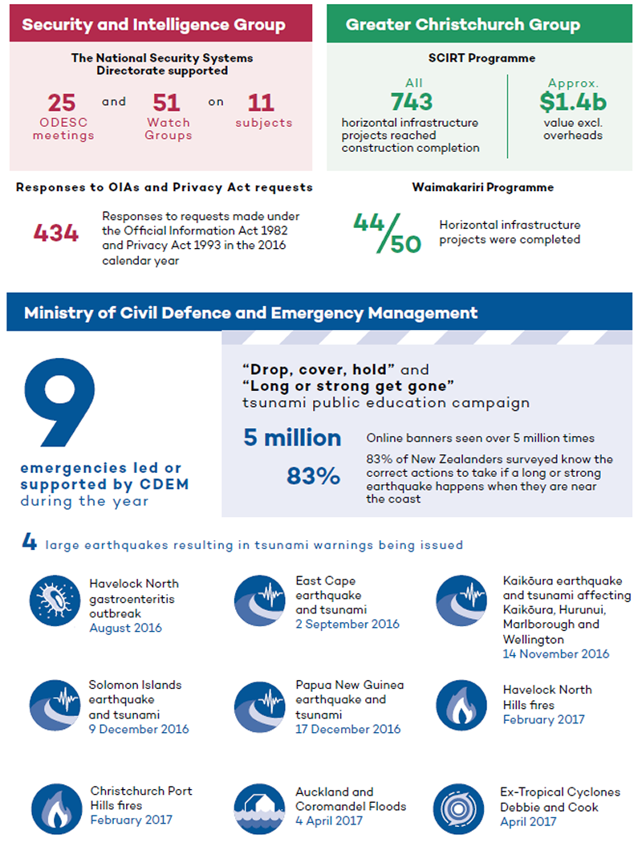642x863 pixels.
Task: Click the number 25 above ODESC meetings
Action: click(x=62, y=103)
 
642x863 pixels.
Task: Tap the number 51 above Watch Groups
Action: click(x=167, y=103)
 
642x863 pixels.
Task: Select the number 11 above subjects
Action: click(x=261, y=103)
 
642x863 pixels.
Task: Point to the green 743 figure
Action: click(x=412, y=102)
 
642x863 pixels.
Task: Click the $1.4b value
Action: click(x=573, y=102)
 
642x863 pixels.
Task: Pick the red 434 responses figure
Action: click(x=56, y=233)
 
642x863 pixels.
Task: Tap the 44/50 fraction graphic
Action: click(x=388, y=233)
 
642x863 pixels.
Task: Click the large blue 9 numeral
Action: click(x=60, y=401)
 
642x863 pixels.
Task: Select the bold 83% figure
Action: click(x=313, y=476)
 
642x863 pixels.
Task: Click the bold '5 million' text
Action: click(x=293, y=438)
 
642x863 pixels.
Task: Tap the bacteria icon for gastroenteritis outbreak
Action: click(x=55, y=600)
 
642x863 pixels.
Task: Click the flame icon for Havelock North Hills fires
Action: click(x=461, y=705)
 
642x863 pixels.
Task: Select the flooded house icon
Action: click(x=259, y=809)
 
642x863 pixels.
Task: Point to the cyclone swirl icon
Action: click(x=458, y=809)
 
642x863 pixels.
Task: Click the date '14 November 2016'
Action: click(x=555, y=653)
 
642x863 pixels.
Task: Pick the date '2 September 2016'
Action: click(x=347, y=624)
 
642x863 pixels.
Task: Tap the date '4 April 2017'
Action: click(x=329, y=820)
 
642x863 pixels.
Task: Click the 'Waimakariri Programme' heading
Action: click(x=483, y=187)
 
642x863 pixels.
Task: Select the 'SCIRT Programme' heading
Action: click(x=482, y=58)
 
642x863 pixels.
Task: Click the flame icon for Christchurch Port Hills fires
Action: click(x=57, y=809)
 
